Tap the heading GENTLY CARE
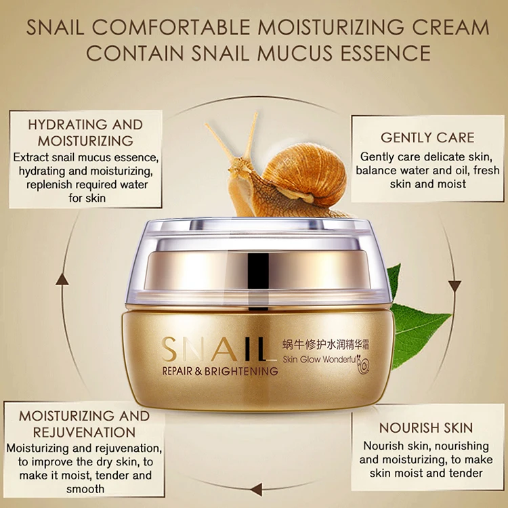[x=427, y=137]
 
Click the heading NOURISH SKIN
[x=426, y=428]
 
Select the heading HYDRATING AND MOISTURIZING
[x=85, y=133]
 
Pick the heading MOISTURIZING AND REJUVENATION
[x=84, y=423]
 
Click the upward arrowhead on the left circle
[x=62, y=278]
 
